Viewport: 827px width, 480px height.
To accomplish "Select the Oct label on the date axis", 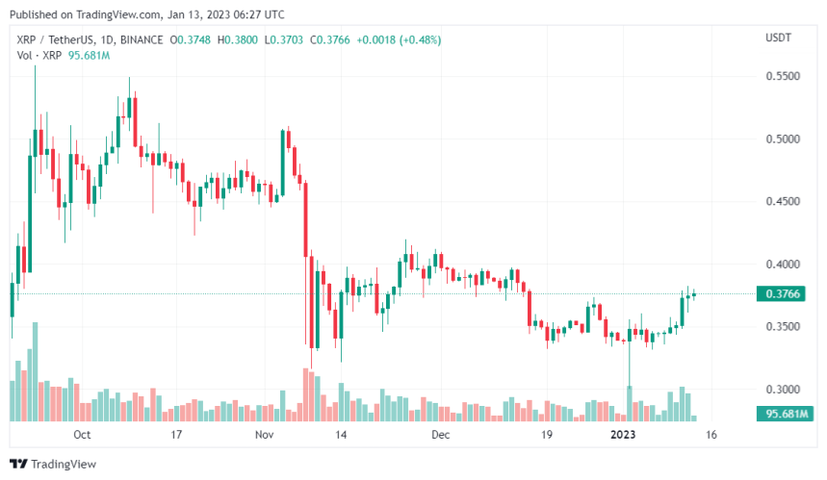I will click(x=82, y=435).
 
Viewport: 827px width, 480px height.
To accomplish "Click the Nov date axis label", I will click(x=266, y=435).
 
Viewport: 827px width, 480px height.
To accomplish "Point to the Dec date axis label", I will click(x=440, y=435).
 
